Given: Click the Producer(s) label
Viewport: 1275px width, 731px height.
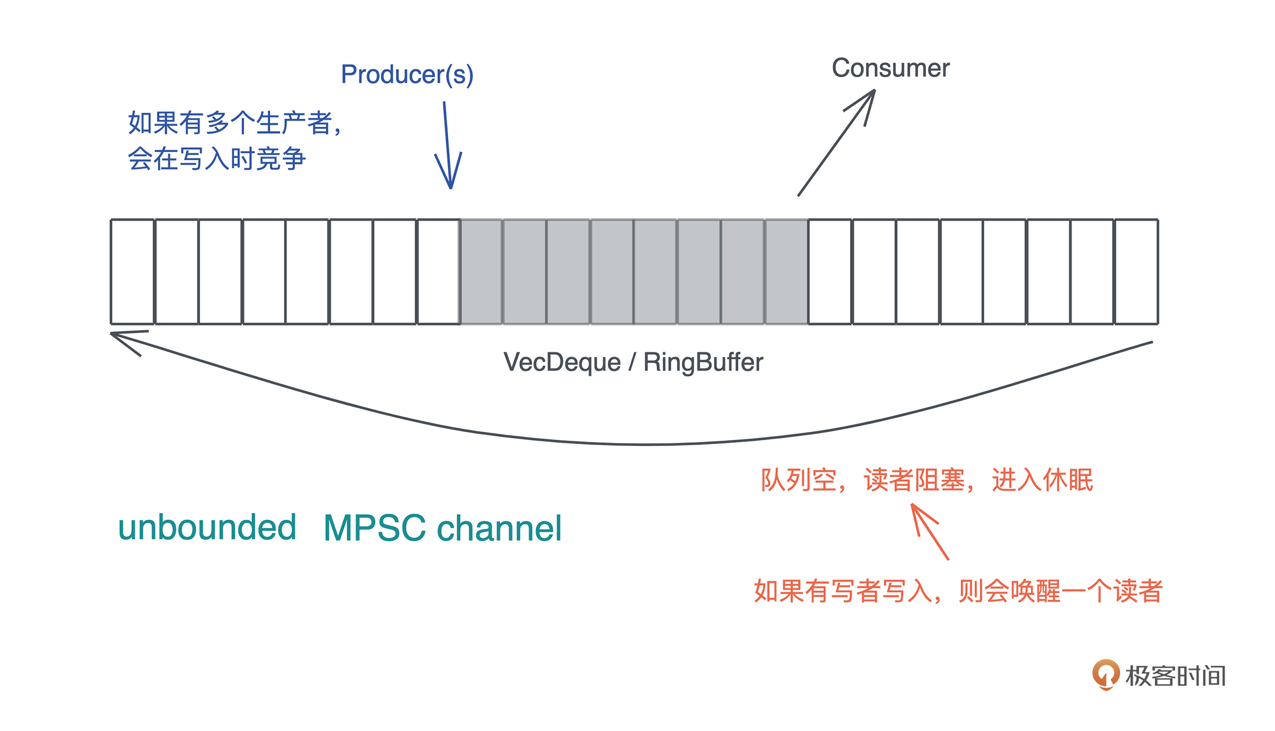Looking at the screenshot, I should [407, 74].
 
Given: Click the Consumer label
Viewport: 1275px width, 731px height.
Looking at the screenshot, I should [890, 69].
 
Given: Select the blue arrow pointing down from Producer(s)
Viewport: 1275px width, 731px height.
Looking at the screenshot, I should [448, 146].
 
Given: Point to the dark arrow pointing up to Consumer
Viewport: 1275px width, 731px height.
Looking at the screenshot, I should [836, 144].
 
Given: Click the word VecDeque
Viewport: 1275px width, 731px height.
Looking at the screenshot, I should [562, 362].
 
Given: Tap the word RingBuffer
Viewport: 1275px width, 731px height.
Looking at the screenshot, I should [703, 362].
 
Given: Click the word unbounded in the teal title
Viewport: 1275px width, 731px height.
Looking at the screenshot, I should [207, 527].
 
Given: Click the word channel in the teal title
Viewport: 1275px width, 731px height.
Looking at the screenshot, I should [499, 528].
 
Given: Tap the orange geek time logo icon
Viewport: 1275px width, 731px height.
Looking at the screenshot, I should [1106, 674].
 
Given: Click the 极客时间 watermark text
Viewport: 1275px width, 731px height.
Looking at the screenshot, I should [1176, 676].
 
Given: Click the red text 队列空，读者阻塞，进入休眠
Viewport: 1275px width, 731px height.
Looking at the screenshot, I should [927, 480].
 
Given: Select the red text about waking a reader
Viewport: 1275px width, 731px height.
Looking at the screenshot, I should [958, 591].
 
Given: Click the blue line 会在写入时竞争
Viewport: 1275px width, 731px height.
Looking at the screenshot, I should [217, 159].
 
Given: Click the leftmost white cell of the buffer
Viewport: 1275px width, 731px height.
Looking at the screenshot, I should [133, 271].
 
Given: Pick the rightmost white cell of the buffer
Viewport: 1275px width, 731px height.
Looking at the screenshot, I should [1136, 271].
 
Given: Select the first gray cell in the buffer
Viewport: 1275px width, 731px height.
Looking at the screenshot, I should [481, 271].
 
